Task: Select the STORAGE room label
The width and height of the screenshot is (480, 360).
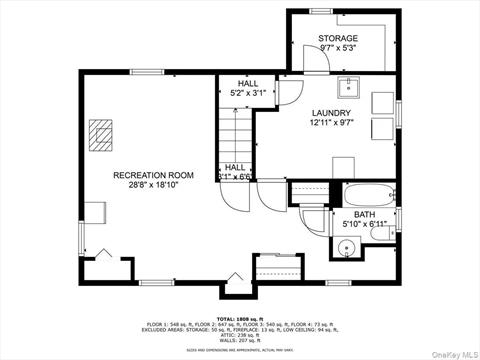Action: click(338, 38)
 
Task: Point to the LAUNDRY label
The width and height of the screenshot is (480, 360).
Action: click(331, 112)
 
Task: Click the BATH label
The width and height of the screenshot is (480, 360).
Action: click(363, 213)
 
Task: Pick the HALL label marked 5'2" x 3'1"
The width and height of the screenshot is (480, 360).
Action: click(237, 85)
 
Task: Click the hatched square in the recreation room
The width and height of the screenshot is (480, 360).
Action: click(101, 134)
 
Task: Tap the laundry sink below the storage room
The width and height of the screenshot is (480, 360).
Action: click(346, 86)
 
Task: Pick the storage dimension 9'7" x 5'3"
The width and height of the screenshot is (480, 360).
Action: click(338, 48)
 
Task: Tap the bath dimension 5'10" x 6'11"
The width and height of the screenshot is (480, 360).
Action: click(363, 224)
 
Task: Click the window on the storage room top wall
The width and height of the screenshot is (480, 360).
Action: click(321, 11)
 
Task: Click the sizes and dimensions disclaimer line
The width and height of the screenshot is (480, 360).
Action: click(239, 351)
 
